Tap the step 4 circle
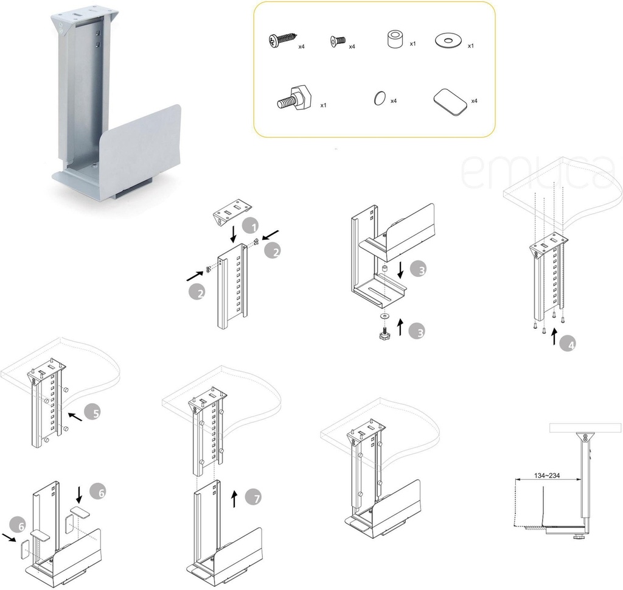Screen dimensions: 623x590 (x=568, y=344)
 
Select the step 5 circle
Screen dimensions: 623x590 (x=92, y=412)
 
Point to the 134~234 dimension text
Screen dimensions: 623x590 (x=547, y=476)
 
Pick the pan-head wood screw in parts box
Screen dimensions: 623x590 (x=282, y=41)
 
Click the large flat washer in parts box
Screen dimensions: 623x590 (x=448, y=41)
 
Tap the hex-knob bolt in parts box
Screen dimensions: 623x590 (x=294, y=98)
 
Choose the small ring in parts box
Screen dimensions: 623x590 (x=380, y=98)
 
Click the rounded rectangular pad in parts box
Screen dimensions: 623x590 (x=450, y=102)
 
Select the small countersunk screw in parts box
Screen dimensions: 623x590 (x=338, y=41)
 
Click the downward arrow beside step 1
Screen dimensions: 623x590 (x=234, y=234)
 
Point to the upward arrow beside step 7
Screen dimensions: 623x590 (x=234, y=499)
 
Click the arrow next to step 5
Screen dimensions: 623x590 (x=75, y=416)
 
